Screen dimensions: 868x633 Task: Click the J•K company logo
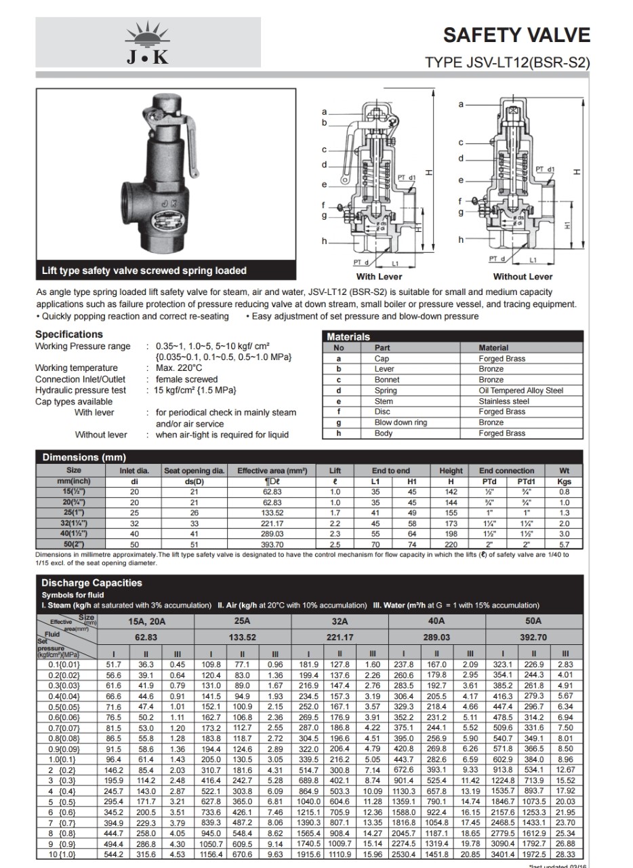[148, 43]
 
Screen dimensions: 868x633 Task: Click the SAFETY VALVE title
[516, 35]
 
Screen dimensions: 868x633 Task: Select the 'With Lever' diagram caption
[379, 277]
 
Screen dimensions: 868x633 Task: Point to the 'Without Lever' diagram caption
[523, 277]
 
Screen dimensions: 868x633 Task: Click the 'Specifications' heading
[69, 334]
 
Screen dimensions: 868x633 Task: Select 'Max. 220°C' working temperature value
[179, 368]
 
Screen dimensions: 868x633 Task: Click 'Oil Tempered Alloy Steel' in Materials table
[520, 391]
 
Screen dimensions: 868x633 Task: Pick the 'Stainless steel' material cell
[504, 401]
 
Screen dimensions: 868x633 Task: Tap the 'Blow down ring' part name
[401, 422]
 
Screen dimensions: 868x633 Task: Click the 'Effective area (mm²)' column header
[272, 471]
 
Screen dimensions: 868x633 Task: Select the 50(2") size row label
[73, 545]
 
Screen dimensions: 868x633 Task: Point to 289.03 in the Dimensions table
[272, 534]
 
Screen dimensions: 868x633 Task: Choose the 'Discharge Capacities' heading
[91, 583]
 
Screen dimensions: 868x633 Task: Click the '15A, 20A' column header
[146, 621]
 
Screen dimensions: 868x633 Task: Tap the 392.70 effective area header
[533, 637]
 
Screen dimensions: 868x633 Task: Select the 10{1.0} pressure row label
[62, 854]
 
